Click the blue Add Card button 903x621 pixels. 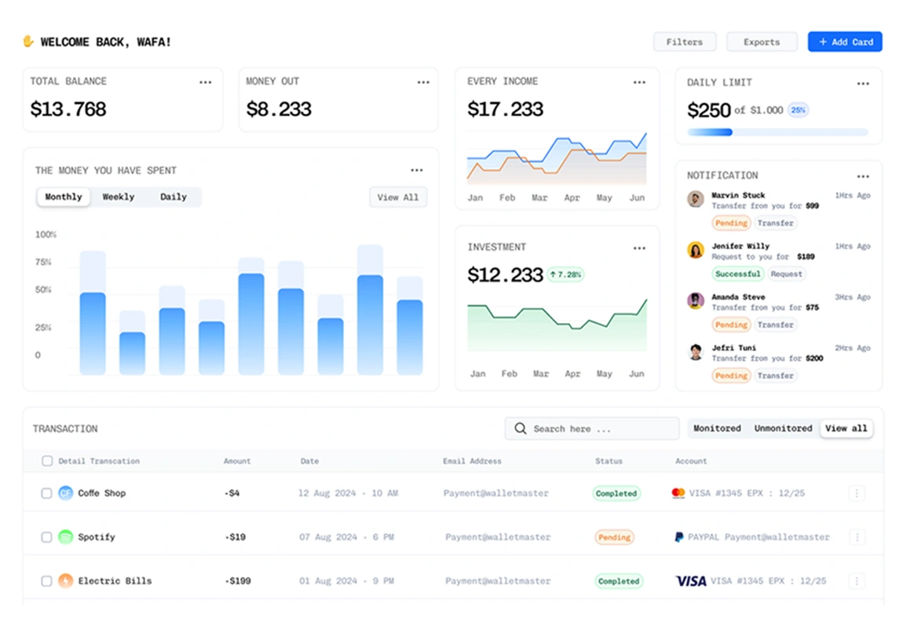845,42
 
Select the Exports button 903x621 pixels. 761,42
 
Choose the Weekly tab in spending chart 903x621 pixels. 119,197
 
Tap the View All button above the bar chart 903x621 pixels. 398,197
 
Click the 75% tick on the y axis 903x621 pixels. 43,262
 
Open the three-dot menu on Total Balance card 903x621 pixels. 205,82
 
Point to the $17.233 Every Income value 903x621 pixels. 505,109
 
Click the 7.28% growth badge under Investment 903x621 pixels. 565,274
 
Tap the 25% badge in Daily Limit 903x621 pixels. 798,110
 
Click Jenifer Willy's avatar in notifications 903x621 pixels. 695,250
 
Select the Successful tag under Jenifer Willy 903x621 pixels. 737,274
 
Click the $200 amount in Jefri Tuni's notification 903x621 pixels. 814,358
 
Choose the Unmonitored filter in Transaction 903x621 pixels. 783,428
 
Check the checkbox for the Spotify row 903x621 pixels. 47,537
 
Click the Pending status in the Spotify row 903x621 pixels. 614,538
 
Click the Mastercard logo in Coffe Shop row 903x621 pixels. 678,494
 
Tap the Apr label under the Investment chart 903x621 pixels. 572,374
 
